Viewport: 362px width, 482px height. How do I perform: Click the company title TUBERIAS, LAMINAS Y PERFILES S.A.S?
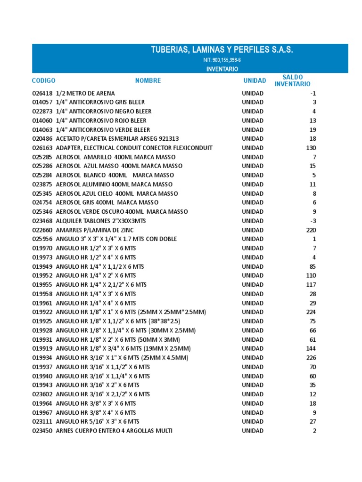click(x=222, y=50)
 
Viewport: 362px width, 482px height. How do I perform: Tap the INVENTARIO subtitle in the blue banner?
click(x=222, y=69)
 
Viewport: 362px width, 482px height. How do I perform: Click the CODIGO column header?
click(x=44, y=80)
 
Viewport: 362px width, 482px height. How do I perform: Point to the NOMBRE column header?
click(x=148, y=80)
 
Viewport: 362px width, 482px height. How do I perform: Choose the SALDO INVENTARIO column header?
click(x=292, y=80)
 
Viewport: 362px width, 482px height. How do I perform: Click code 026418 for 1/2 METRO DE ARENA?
click(x=42, y=93)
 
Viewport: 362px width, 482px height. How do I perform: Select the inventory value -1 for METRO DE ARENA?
click(x=313, y=93)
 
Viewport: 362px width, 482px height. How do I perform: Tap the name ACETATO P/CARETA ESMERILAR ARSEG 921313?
click(x=117, y=139)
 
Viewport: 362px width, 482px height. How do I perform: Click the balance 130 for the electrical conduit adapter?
click(x=311, y=148)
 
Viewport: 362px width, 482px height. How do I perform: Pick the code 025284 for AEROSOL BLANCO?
click(x=42, y=175)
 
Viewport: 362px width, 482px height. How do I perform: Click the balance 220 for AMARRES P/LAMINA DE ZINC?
click(x=311, y=230)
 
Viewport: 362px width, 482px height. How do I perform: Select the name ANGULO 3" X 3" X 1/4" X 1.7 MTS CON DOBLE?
click(x=116, y=239)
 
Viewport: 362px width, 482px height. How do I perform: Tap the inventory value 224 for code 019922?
click(x=311, y=312)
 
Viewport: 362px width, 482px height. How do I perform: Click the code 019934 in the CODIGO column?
click(x=42, y=358)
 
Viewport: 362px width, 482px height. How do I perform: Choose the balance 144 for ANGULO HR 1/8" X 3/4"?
click(x=311, y=349)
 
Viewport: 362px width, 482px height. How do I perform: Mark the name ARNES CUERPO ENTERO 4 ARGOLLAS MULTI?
click(x=114, y=431)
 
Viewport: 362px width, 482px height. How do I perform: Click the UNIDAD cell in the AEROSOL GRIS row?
click(x=253, y=202)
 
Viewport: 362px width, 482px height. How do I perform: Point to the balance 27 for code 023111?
click(x=313, y=422)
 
